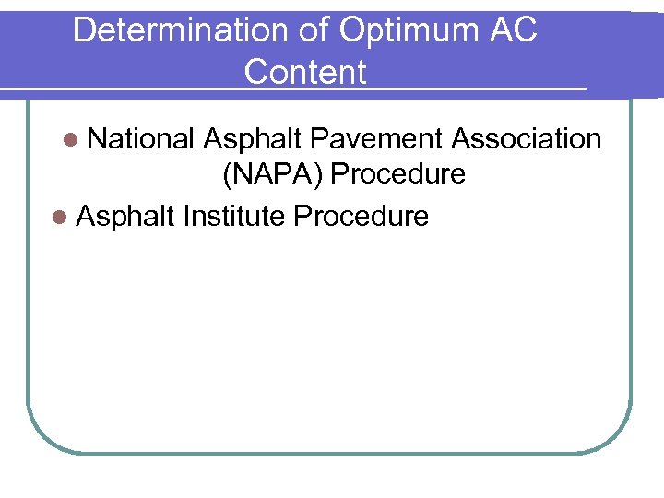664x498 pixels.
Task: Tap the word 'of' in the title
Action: pos(312,30)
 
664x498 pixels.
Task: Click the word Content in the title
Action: pos(305,72)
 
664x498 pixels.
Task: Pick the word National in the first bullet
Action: pos(140,138)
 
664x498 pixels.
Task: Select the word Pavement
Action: pos(376,138)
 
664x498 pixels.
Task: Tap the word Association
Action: pos(527,138)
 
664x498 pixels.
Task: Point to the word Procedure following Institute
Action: pos(361,216)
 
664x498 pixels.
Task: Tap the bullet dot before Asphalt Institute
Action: pos(60,217)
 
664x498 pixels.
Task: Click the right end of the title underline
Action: pos(584,89)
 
